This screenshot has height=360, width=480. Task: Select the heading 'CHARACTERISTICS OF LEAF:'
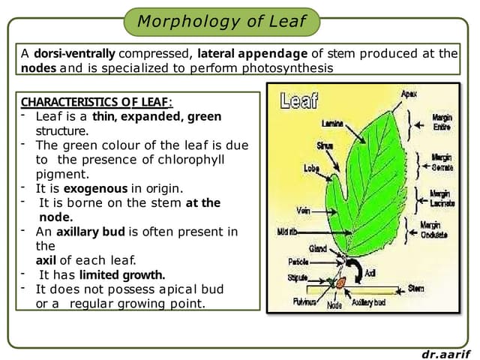point(97,102)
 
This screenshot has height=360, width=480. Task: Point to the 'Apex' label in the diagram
point(409,94)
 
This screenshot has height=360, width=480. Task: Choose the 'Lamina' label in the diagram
point(332,122)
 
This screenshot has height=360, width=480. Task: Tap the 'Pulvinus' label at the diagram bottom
point(304,303)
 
